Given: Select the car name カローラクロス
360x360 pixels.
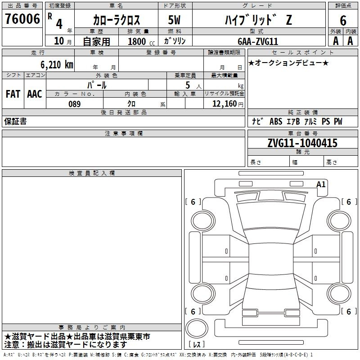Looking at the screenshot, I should click(x=116, y=20).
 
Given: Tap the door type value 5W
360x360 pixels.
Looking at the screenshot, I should click(x=174, y=20).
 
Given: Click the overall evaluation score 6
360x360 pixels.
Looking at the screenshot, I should click(x=343, y=20).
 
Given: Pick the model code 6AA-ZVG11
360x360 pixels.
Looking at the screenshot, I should click(x=258, y=41).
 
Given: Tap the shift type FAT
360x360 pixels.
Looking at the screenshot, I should click(x=13, y=94).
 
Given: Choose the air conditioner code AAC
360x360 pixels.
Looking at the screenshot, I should click(x=34, y=94).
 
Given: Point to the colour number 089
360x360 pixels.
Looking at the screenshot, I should click(x=74, y=104).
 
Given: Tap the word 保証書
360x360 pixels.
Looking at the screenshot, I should click(x=15, y=121).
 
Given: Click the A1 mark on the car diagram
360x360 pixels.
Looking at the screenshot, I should click(x=321, y=184).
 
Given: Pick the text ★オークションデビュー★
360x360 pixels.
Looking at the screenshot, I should click(x=288, y=63).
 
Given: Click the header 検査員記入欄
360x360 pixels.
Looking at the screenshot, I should click(x=92, y=173).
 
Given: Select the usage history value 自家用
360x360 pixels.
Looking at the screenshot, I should click(x=96, y=41).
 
